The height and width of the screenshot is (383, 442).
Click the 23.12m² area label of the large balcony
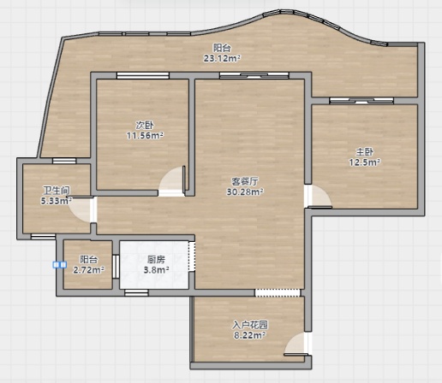222,58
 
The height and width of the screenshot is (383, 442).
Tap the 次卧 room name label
145,125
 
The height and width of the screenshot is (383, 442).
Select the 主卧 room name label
364,152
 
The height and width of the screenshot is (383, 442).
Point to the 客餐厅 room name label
245,181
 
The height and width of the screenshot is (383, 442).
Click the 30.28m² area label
245,191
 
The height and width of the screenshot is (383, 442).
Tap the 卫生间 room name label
57,191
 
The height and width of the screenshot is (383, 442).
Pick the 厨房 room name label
156,259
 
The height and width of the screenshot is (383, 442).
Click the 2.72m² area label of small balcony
88,270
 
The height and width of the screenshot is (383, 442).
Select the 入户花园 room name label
250,325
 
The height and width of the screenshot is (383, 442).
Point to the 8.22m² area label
250,335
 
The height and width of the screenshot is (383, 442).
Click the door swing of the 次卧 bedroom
172,180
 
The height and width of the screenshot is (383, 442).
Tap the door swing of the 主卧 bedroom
320,197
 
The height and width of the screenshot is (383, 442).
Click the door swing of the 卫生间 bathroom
81,209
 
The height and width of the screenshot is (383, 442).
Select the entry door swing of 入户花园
296,345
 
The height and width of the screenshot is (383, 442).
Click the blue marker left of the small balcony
60,265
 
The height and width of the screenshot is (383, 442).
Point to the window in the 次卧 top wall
143,75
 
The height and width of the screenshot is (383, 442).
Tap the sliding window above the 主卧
361,101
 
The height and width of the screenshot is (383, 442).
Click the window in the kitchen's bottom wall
136,292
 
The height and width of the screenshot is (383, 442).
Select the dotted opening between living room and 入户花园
278,292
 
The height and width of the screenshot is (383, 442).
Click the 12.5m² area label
365,162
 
